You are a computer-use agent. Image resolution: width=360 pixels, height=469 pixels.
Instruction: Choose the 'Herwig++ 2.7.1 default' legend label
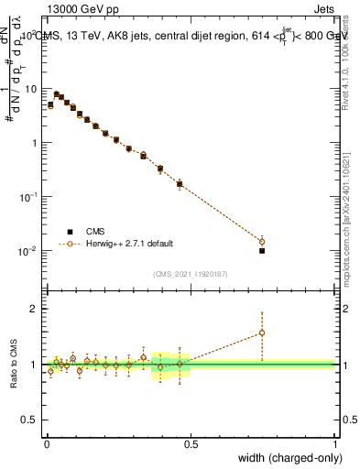tap(128, 245)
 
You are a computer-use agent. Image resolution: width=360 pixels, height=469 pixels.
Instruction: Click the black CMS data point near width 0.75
tap(262, 250)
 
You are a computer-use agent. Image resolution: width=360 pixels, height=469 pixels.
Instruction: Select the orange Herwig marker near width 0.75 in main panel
tap(262, 242)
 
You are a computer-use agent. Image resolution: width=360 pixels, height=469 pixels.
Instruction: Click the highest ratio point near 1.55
tap(262, 333)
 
